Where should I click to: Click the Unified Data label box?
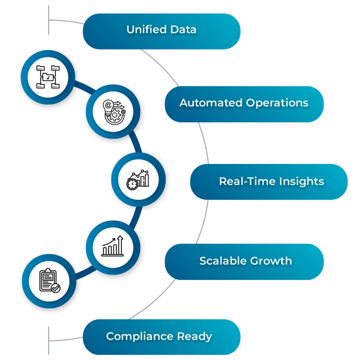[x=161, y=30]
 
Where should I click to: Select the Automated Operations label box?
[x=244, y=103]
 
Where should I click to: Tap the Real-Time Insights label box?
[x=269, y=182]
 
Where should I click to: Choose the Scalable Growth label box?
[x=244, y=261]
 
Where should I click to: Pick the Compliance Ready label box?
[x=160, y=336]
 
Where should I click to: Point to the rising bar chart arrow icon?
[x=113, y=246]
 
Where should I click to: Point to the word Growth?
[x=272, y=261]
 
